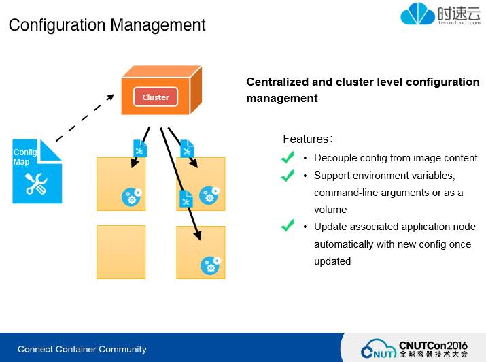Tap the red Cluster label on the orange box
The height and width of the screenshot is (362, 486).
pos(156,97)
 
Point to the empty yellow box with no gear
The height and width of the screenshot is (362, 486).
pos(121,252)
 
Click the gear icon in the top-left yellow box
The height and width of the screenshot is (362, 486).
pos(131,197)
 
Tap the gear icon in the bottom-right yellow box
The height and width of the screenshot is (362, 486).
pos(210,265)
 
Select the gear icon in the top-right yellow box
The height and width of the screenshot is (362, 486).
pos(208,195)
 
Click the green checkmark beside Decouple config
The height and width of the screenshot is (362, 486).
pos(288,158)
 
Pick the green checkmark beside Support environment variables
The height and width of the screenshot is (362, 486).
pos(288,176)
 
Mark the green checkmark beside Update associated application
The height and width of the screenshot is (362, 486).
pos(288,226)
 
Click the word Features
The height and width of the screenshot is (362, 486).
pos(305,139)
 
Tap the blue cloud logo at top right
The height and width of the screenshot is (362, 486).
pos(417,14)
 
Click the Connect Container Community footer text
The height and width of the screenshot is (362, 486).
pos(82,350)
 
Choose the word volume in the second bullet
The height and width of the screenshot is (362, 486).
pos(330,210)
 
